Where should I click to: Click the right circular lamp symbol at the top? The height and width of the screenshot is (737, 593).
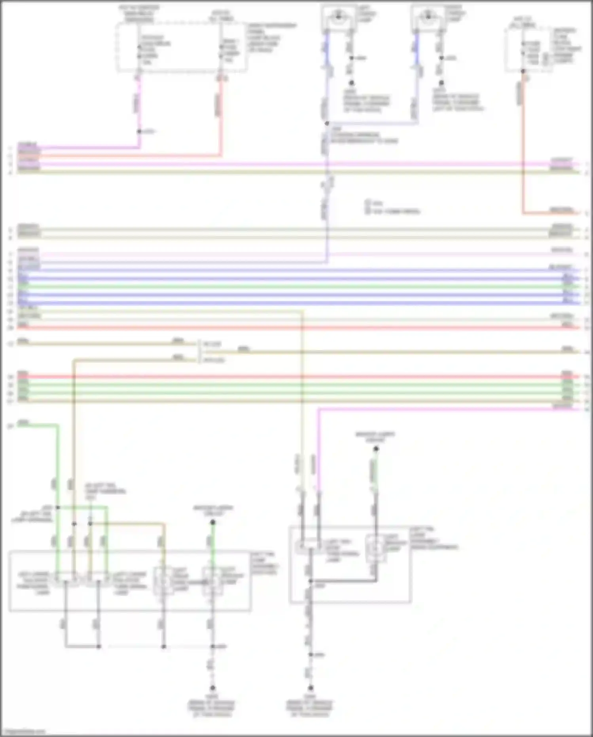click(428, 16)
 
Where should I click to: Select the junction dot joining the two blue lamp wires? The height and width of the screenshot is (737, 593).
click(327, 124)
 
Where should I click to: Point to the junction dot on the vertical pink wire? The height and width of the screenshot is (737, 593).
click(139, 131)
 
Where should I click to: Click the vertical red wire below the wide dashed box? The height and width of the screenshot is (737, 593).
click(221, 115)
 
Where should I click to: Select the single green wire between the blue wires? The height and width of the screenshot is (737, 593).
click(297, 286)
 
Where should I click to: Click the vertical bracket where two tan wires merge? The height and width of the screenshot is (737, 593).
click(199, 352)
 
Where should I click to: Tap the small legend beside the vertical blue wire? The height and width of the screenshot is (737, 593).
click(392, 207)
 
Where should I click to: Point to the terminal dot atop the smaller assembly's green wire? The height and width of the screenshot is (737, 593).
click(376, 449)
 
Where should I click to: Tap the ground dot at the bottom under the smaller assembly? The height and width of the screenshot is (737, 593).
click(311, 688)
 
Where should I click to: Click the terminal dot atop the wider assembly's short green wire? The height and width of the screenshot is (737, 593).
click(213, 522)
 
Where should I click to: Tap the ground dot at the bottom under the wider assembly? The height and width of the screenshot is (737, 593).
click(212, 688)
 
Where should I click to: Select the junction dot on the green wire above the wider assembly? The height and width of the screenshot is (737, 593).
click(58, 507)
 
